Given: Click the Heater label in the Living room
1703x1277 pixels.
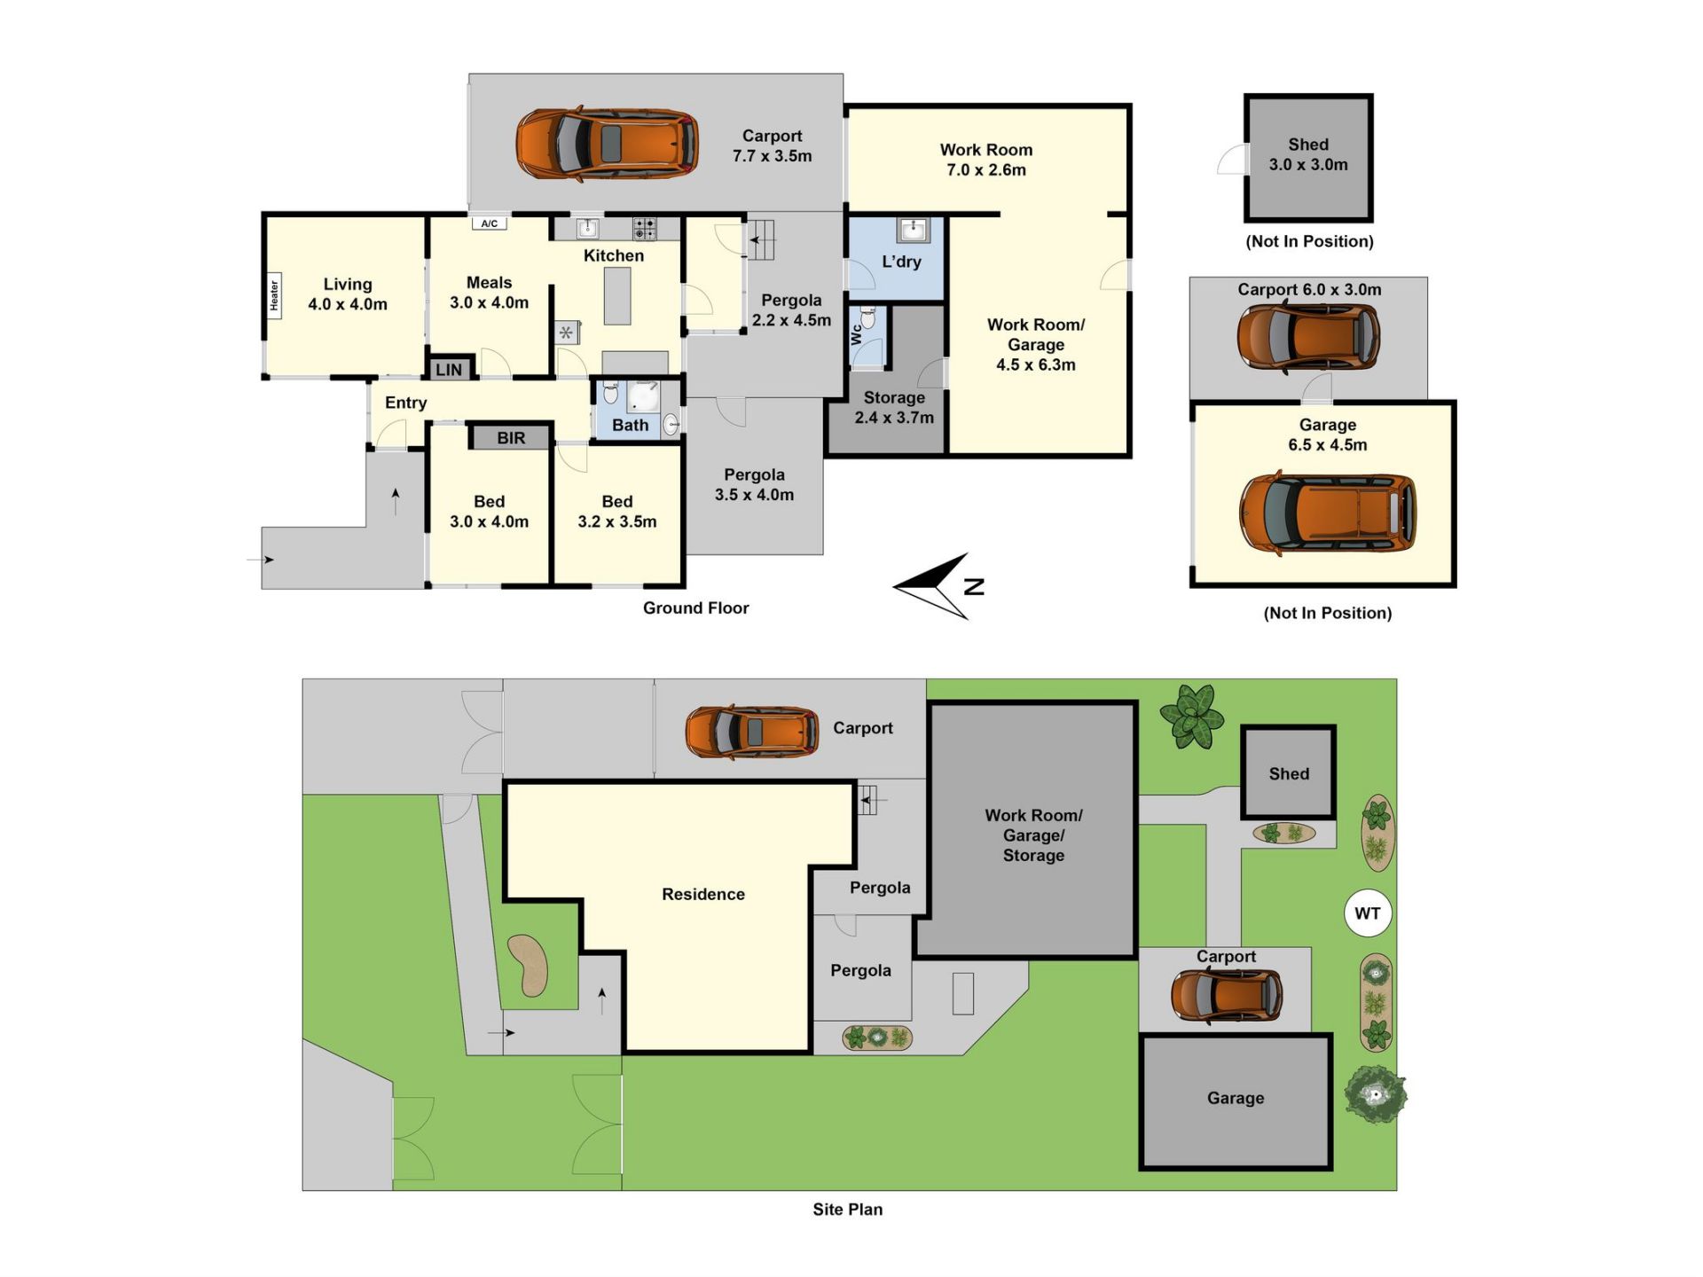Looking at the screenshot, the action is (274, 295).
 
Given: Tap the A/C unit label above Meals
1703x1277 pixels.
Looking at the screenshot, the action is (490, 223).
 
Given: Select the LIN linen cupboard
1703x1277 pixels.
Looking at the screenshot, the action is (449, 370).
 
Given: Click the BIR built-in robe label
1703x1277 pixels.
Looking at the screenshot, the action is (511, 438).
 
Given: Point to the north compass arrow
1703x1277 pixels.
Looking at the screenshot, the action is (931, 586).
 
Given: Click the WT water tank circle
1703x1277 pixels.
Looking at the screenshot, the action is (1368, 913).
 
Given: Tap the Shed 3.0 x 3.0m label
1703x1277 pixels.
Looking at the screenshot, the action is (1308, 154).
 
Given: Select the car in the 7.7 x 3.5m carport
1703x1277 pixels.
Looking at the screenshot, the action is (608, 144).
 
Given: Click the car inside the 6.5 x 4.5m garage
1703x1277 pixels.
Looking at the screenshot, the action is (1328, 513).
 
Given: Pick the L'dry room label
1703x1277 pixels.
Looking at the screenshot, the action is (901, 262).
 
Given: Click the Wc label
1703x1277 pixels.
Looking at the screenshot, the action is (856, 334).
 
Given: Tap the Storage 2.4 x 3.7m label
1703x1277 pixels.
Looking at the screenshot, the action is (894, 408).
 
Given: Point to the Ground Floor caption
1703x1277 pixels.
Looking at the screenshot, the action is (696, 608).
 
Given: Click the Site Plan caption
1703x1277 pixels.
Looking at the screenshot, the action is (848, 1210).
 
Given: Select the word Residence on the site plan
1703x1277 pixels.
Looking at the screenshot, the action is (703, 895).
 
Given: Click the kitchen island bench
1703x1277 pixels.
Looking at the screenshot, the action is (618, 296).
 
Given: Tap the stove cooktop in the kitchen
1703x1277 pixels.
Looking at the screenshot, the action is (645, 228).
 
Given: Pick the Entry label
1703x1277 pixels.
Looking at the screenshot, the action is (406, 403).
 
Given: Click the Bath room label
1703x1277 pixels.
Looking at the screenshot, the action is (631, 426).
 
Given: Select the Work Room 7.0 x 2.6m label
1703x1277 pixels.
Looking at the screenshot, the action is (986, 160).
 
